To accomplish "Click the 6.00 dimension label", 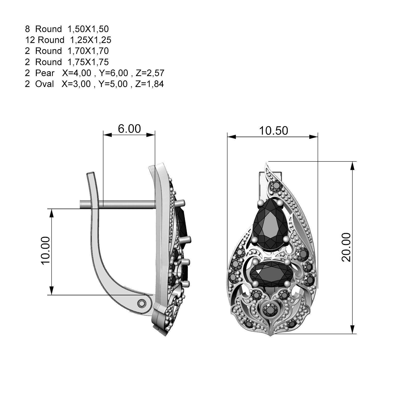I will point(129,129).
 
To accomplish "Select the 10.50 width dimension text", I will point(273,131).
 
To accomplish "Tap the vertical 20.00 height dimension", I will point(346,247).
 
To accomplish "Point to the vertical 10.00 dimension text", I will point(45,251).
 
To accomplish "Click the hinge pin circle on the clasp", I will point(141,303).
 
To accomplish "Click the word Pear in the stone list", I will point(45,73).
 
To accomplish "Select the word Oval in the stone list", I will point(45,84).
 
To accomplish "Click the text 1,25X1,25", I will point(91,40).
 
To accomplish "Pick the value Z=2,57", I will point(150,73).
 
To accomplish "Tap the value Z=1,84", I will point(149,84).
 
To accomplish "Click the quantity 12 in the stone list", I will point(30,40).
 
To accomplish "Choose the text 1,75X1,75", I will point(88,62).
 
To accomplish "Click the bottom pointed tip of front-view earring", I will point(270,336).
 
